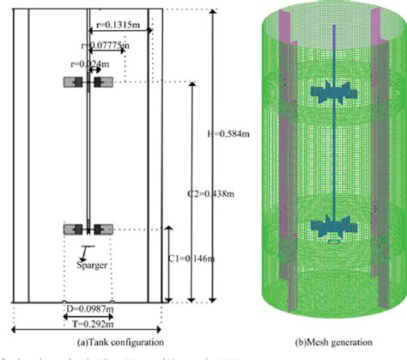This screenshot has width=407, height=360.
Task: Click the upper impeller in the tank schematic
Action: pos(89,82)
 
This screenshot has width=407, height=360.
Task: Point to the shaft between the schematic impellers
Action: pos(89,155)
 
